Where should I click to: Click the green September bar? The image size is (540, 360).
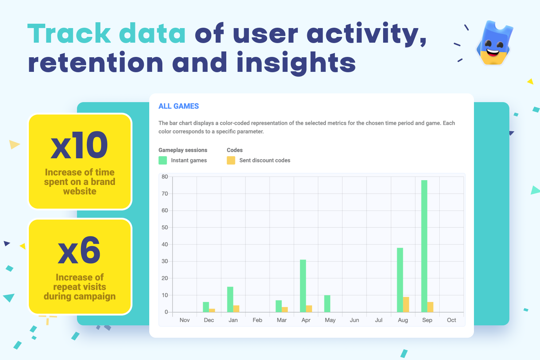click(424, 246)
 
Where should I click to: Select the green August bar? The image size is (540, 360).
click(400, 280)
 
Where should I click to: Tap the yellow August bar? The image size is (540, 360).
click(406, 305)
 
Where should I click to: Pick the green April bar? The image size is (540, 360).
click(303, 286)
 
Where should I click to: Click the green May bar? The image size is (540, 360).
click(327, 303)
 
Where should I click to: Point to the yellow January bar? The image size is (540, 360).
click(236, 309)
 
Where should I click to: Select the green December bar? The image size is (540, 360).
click(206, 307)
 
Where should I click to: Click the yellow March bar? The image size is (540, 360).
click(285, 309)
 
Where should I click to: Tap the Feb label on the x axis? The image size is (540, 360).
click(257, 320)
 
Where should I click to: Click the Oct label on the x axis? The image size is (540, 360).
click(451, 320)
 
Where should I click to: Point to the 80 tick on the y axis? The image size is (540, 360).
click(165, 177)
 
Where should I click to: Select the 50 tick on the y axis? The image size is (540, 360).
click(165, 228)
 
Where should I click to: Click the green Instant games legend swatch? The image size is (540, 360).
click(163, 160)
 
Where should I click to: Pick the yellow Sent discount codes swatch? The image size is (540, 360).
click(231, 160)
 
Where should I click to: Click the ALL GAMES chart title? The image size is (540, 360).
click(179, 106)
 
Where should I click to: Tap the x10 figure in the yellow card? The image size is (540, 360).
click(79, 146)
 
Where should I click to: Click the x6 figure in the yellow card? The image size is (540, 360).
click(79, 251)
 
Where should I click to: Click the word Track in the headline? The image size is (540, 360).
click(69, 34)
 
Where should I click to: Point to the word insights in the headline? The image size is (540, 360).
click(296, 63)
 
